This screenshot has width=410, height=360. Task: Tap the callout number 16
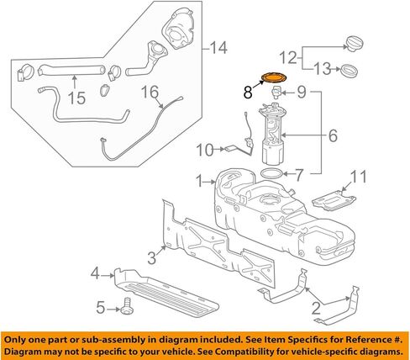point(148,91)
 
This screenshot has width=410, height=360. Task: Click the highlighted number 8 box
point(248,87)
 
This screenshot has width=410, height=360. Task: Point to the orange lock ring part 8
point(274,80)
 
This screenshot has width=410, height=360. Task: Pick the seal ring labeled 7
point(270,172)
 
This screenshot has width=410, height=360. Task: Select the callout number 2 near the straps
point(317,308)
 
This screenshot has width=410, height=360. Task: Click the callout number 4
point(96,273)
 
